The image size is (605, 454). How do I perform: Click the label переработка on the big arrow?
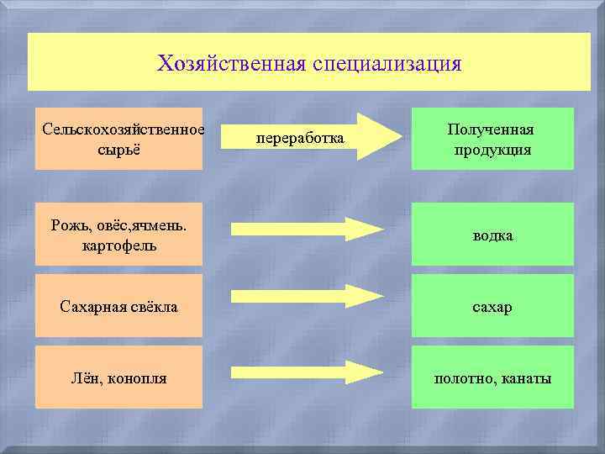point(300,136)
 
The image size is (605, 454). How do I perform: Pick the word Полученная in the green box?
point(492,129)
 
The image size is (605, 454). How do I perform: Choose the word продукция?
point(492,150)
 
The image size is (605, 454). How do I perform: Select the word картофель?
point(118,246)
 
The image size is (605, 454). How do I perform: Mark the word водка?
point(492,236)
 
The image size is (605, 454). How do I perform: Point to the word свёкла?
point(152,307)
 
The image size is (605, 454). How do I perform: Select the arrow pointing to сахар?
point(307,296)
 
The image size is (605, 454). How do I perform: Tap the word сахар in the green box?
point(492,308)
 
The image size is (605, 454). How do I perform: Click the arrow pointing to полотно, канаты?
point(307,372)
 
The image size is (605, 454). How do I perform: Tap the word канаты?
point(527,379)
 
